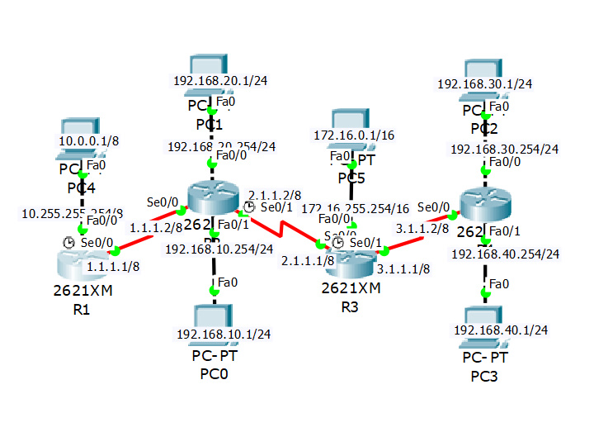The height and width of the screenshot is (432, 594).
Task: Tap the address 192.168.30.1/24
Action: click(484, 83)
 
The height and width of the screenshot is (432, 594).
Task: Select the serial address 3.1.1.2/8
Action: click(422, 228)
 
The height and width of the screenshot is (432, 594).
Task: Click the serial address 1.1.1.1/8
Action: click(112, 267)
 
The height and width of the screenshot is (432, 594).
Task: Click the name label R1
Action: click(82, 310)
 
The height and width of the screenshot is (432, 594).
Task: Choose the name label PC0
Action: click(214, 374)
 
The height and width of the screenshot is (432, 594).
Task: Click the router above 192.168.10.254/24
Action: click(212, 198)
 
